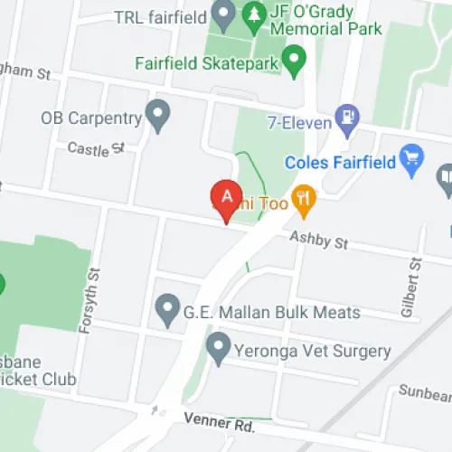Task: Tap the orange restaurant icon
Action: point(304,201)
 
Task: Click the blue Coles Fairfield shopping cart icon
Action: point(412,160)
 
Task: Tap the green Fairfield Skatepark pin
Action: point(293,61)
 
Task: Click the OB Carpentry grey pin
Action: point(159,115)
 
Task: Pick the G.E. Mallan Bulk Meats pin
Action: point(166,310)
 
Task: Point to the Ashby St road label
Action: point(318,241)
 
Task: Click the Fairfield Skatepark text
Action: point(205,64)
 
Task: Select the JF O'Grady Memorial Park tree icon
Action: point(252,14)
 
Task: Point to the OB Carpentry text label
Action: point(91,118)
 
